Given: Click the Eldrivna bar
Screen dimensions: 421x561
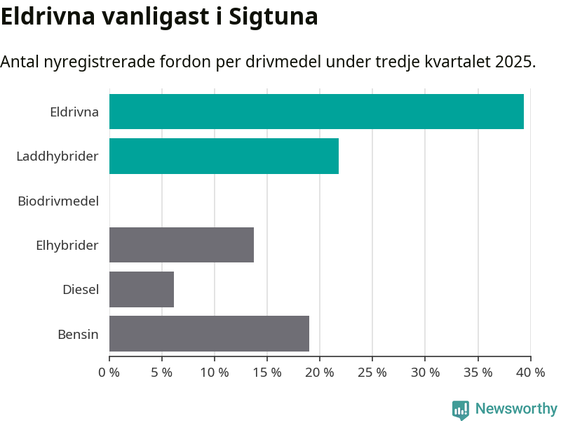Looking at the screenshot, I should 316,112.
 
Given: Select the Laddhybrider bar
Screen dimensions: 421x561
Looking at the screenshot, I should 224,156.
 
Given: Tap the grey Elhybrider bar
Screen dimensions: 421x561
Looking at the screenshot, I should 182,245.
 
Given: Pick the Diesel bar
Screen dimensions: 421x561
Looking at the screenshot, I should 142,289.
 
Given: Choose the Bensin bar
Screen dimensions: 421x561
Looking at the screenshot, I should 209,333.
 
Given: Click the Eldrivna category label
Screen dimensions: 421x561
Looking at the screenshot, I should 74,112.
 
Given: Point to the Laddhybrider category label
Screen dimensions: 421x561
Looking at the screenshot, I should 58,156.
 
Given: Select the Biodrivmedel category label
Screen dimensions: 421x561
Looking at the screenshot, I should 58,201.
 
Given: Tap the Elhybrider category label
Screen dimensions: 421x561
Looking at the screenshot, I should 67,245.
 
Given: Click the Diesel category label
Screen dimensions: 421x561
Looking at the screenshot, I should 81,289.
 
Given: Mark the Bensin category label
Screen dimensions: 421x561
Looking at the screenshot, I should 78,334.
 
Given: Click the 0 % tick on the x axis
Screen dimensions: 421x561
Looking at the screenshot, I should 109,373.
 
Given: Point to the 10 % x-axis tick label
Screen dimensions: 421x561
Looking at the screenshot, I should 215,373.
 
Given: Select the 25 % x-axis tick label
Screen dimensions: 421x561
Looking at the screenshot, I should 372,373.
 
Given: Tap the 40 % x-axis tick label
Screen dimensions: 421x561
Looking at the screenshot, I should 530,373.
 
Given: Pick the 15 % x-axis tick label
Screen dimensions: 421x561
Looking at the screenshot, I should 267,373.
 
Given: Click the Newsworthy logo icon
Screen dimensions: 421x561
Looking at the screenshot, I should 461,410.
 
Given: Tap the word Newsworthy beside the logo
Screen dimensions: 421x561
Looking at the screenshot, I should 516,408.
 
